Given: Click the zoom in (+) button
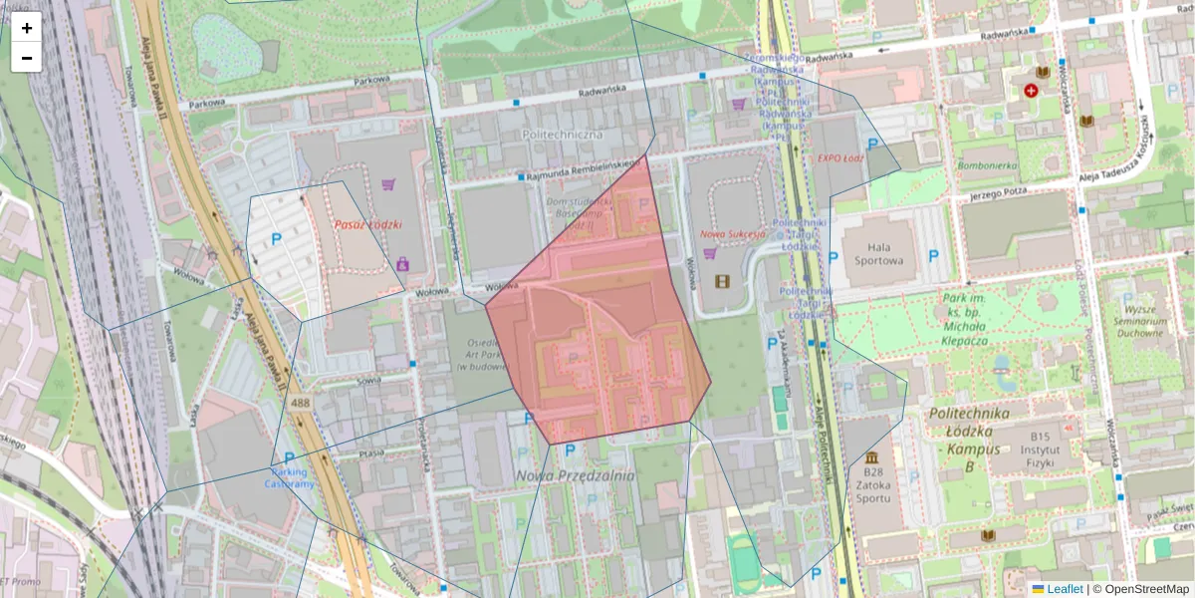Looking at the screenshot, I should point(27,28).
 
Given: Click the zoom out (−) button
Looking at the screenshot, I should point(27,58).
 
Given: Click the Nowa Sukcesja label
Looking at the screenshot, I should point(732,233).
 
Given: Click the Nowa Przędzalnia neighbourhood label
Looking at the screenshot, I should point(575,476).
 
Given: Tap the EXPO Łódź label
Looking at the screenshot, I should point(838,157).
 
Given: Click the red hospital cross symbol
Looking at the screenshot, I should point(1031,91).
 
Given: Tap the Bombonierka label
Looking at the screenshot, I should point(986,165).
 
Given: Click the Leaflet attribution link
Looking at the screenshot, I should point(1064,589).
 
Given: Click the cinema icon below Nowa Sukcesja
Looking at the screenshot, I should point(721,280).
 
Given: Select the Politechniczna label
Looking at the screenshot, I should point(562,134).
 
